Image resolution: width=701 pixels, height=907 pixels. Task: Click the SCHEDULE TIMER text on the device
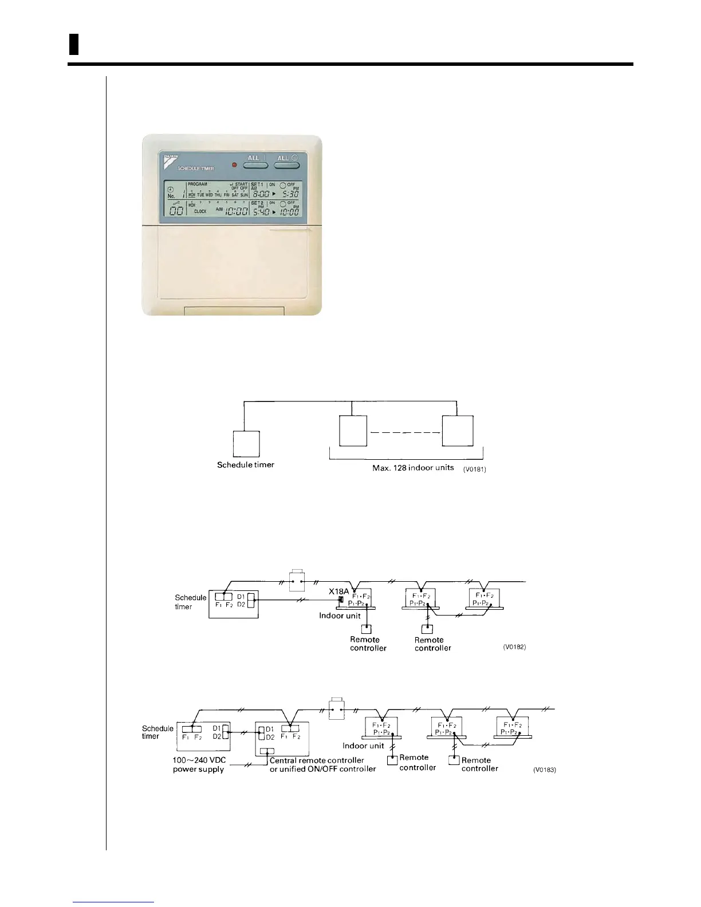pos(195,168)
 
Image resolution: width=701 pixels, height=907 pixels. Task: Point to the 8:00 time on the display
pos(261,194)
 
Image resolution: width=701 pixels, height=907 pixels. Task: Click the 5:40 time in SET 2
pos(261,212)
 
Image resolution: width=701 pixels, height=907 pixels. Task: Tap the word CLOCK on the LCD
pos(200,211)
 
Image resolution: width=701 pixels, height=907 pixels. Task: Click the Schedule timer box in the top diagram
pos(246,444)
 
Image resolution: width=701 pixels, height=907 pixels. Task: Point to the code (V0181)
pos(475,469)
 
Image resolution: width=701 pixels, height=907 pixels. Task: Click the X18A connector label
pos(338,591)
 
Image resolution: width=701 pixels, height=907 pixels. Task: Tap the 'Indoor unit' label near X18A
pos(340,616)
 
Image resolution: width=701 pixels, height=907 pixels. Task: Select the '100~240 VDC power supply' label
pos(199,764)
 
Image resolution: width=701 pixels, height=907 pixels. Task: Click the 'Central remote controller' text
pos(317,760)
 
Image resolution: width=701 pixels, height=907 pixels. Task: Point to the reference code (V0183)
pos(544,770)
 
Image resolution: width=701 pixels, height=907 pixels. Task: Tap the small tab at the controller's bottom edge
pos(234,311)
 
